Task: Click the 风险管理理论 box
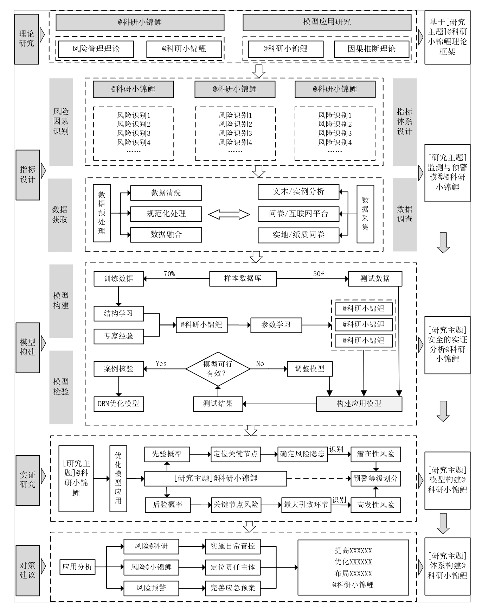click(96, 49)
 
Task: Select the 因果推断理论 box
click(372, 49)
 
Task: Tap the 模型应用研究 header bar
click(327, 22)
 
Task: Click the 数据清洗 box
click(166, 193)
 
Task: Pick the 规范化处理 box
click(166, 214)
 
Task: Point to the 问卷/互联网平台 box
click(298, 214)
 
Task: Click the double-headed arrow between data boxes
click(229, 214)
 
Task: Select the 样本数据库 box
click(243, 278)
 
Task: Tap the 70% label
click(169, 274)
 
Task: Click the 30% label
click(319, 274)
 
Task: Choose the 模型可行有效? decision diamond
click(218, 369)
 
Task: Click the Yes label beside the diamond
click(161, 363)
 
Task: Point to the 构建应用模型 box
click(359, 404)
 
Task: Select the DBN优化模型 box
click(118, 404)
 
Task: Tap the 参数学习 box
click(276, 325)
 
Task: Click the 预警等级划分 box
click(375, 479)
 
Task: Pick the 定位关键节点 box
click(235, 454)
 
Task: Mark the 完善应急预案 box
click(233, 588)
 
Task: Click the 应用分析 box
click(77, 567)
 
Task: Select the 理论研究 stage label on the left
click(26, 39)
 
